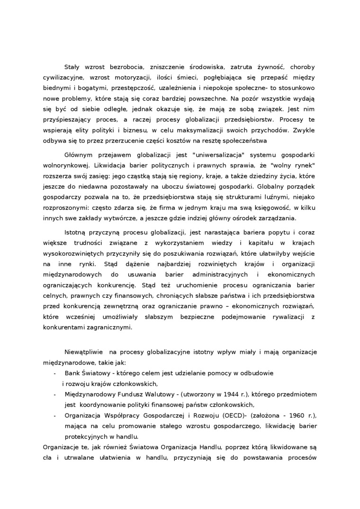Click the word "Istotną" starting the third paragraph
tap(77, 232)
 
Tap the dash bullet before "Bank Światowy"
tap(55, 373)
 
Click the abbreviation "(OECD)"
tap(230, 415)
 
